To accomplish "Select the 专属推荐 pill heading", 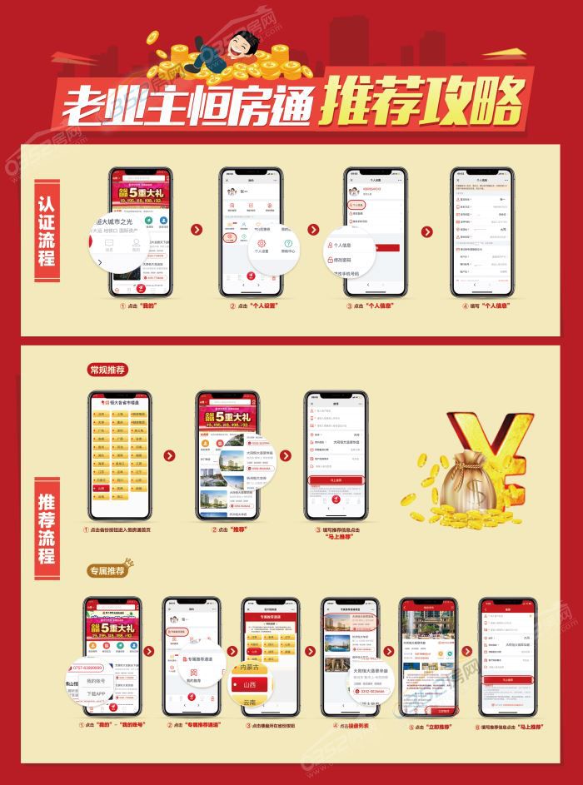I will tap(107, 570).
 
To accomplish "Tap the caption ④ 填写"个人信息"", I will tap(481, 307).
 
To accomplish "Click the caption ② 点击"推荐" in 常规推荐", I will tap(229, 529).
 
